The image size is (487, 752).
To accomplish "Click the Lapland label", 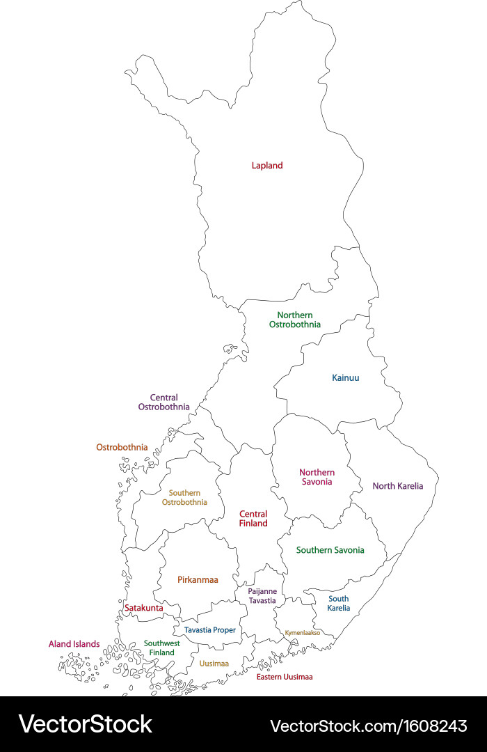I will (267, 166).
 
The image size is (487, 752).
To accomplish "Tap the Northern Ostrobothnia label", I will (295, 320).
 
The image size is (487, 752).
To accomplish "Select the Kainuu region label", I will (346, 378).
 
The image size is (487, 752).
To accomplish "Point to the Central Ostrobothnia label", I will (163, 402).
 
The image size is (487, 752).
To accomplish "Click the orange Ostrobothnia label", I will (122, 447).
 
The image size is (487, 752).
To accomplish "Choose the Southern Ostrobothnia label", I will (184, 497).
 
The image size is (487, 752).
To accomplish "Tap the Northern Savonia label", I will (317, 477).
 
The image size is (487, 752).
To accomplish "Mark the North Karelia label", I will (397, 486).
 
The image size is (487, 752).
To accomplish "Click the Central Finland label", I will (253, 519).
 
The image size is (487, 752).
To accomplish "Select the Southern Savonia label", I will (330, 550).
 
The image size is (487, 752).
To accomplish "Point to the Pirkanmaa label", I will (198, 579).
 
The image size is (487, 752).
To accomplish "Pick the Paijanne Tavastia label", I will (262, 596).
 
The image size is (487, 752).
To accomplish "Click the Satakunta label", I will (143, 608).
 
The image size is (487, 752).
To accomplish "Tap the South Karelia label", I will (339, 604).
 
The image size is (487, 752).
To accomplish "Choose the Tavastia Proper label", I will (209, 630).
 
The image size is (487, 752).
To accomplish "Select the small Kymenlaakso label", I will (303, 633).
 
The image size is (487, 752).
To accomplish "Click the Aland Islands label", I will (74, 644).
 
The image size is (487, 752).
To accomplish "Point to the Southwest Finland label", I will (161, 648).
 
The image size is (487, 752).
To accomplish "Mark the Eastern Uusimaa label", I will (285, 677).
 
